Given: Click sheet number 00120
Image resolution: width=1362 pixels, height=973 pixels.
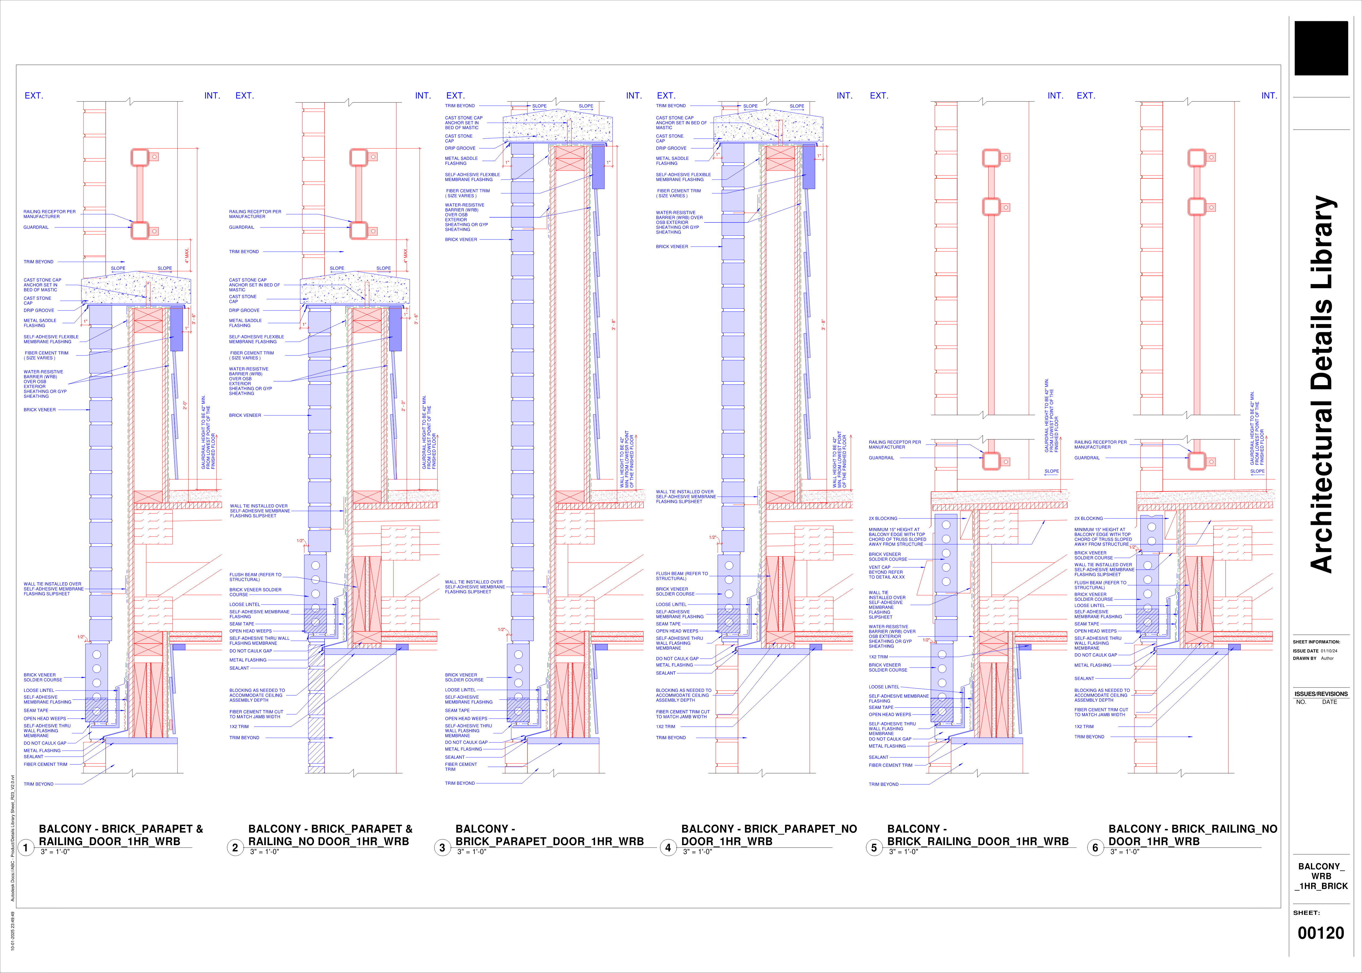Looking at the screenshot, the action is [x=1321, y=933].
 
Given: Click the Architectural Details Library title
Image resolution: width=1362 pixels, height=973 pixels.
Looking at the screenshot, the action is [x=1322, y=384].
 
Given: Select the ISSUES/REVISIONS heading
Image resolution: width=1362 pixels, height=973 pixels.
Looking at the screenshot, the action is [x=1321, y=694].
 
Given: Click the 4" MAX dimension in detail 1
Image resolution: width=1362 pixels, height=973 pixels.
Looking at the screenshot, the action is [x=187, y=256].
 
